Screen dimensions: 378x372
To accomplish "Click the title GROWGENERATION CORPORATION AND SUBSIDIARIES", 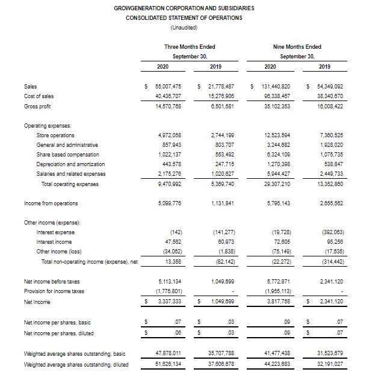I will (x=184, y=7).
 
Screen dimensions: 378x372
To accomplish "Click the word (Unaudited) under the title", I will (x=184, y=28).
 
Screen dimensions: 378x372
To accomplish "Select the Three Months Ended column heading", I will (x=190, y=46).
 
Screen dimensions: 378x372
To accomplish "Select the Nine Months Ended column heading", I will (x=297, y=46).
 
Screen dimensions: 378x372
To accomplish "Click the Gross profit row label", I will (x=37, y=106).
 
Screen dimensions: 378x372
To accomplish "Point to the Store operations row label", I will (x=55, y=135).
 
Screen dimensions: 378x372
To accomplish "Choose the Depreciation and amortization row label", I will (x=70, y=164).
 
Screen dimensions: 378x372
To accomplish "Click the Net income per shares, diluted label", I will (x=58, y=333).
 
